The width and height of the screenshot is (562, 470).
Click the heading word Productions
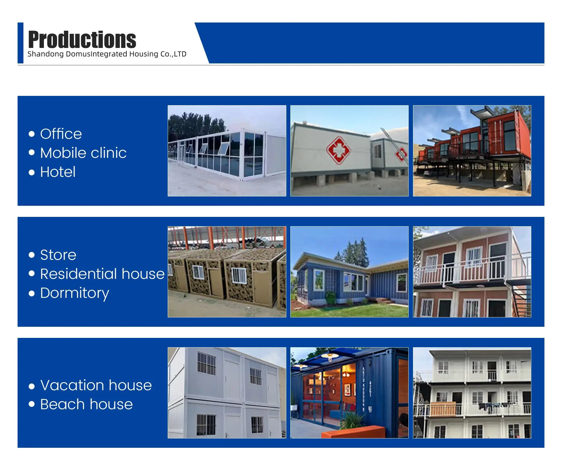(x=82, y=39)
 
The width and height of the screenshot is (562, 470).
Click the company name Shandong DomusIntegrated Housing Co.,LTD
(x=107, y=54)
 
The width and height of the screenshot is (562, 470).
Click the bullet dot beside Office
(x=32, y=134)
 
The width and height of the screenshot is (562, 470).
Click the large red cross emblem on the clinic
(x=338, y=150)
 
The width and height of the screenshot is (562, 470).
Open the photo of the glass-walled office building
(x=227, y=151)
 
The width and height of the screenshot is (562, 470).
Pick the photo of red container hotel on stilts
(x=472, y=151)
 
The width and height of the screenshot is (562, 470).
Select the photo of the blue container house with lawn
(x=349, y=272)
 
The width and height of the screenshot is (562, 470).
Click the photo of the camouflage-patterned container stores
(x=227, y=272)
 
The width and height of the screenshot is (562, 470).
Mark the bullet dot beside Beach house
(x=32, y=404)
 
